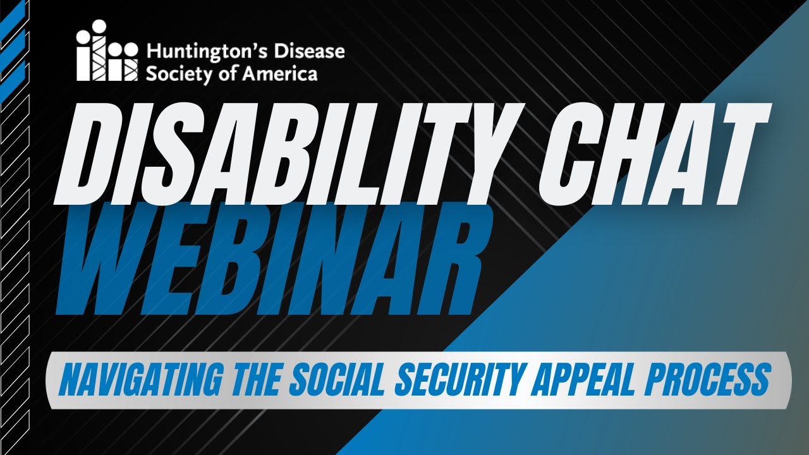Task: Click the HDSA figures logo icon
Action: click(x=106, y=51)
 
